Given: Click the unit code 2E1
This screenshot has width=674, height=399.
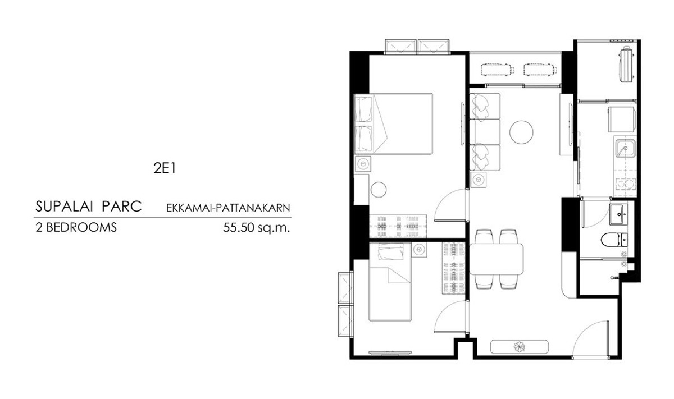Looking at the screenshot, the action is click(165, 168).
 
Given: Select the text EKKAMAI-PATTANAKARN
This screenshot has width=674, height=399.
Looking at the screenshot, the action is click(228, 208).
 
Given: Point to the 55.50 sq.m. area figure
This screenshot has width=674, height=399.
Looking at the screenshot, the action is click(256, 228).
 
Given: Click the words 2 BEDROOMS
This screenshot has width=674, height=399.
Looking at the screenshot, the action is click(76, 228).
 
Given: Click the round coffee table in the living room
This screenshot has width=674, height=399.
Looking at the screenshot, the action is click(521, 132).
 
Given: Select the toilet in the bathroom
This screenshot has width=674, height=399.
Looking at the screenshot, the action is click(614, 240).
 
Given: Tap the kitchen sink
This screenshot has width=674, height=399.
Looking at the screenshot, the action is click(626, 149).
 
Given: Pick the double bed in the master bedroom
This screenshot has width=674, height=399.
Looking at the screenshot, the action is click(393, 124).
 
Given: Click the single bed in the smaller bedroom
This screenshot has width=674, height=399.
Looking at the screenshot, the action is click(390, 282).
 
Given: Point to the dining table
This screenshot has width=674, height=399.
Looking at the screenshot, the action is click(496, 259).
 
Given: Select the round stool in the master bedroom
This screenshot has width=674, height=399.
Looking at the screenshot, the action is click(379, 190).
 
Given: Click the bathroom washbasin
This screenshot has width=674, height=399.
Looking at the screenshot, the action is click(618, 214).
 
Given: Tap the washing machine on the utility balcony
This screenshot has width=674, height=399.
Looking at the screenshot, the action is click(626, 64).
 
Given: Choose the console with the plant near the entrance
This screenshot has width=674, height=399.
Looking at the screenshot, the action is click(519, 347).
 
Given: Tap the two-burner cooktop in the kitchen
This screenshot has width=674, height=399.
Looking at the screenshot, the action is click(626, 184).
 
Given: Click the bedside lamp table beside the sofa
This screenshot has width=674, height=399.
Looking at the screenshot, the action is click(478, 180).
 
